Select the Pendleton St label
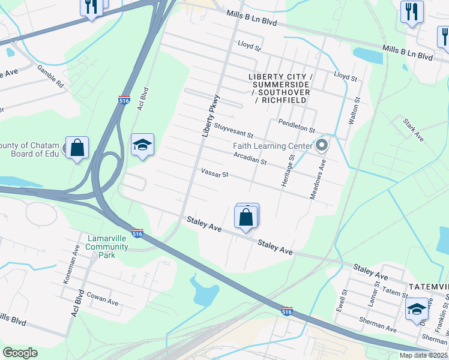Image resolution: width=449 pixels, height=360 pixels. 297,126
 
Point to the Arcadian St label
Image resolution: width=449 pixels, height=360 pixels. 250,158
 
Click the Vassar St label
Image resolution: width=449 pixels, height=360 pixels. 215,173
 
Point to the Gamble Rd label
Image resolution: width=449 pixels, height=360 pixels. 50,76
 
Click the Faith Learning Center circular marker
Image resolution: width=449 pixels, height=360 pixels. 322,146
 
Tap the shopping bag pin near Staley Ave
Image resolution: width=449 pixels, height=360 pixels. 246,217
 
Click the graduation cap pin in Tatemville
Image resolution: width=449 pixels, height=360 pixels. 417,310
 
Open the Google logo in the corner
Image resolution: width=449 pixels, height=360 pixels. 20,352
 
